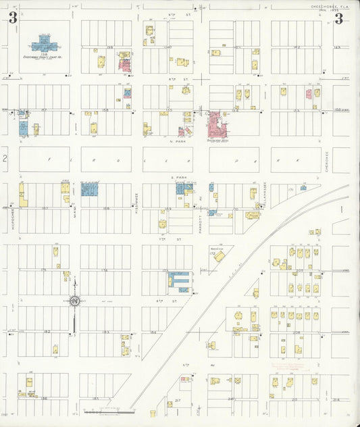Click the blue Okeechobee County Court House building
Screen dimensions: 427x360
click(44, 44)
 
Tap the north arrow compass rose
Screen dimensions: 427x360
click(74, 300)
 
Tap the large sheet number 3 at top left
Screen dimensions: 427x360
click(12, 19)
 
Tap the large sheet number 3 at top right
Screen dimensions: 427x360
click(338, 19)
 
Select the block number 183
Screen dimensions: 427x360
click(105, 332)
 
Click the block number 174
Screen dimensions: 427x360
click(105, 270)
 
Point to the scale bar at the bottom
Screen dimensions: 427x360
click(108, 410)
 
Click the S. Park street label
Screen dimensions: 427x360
click(179, 177)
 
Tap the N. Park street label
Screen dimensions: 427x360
click(179, 141)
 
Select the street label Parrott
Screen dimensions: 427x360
click(201, 223)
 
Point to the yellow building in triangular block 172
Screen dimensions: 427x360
click(220, 256)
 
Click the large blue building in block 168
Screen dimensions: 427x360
click(90, 189)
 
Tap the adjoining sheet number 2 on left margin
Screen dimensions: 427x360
click(4, 159)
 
